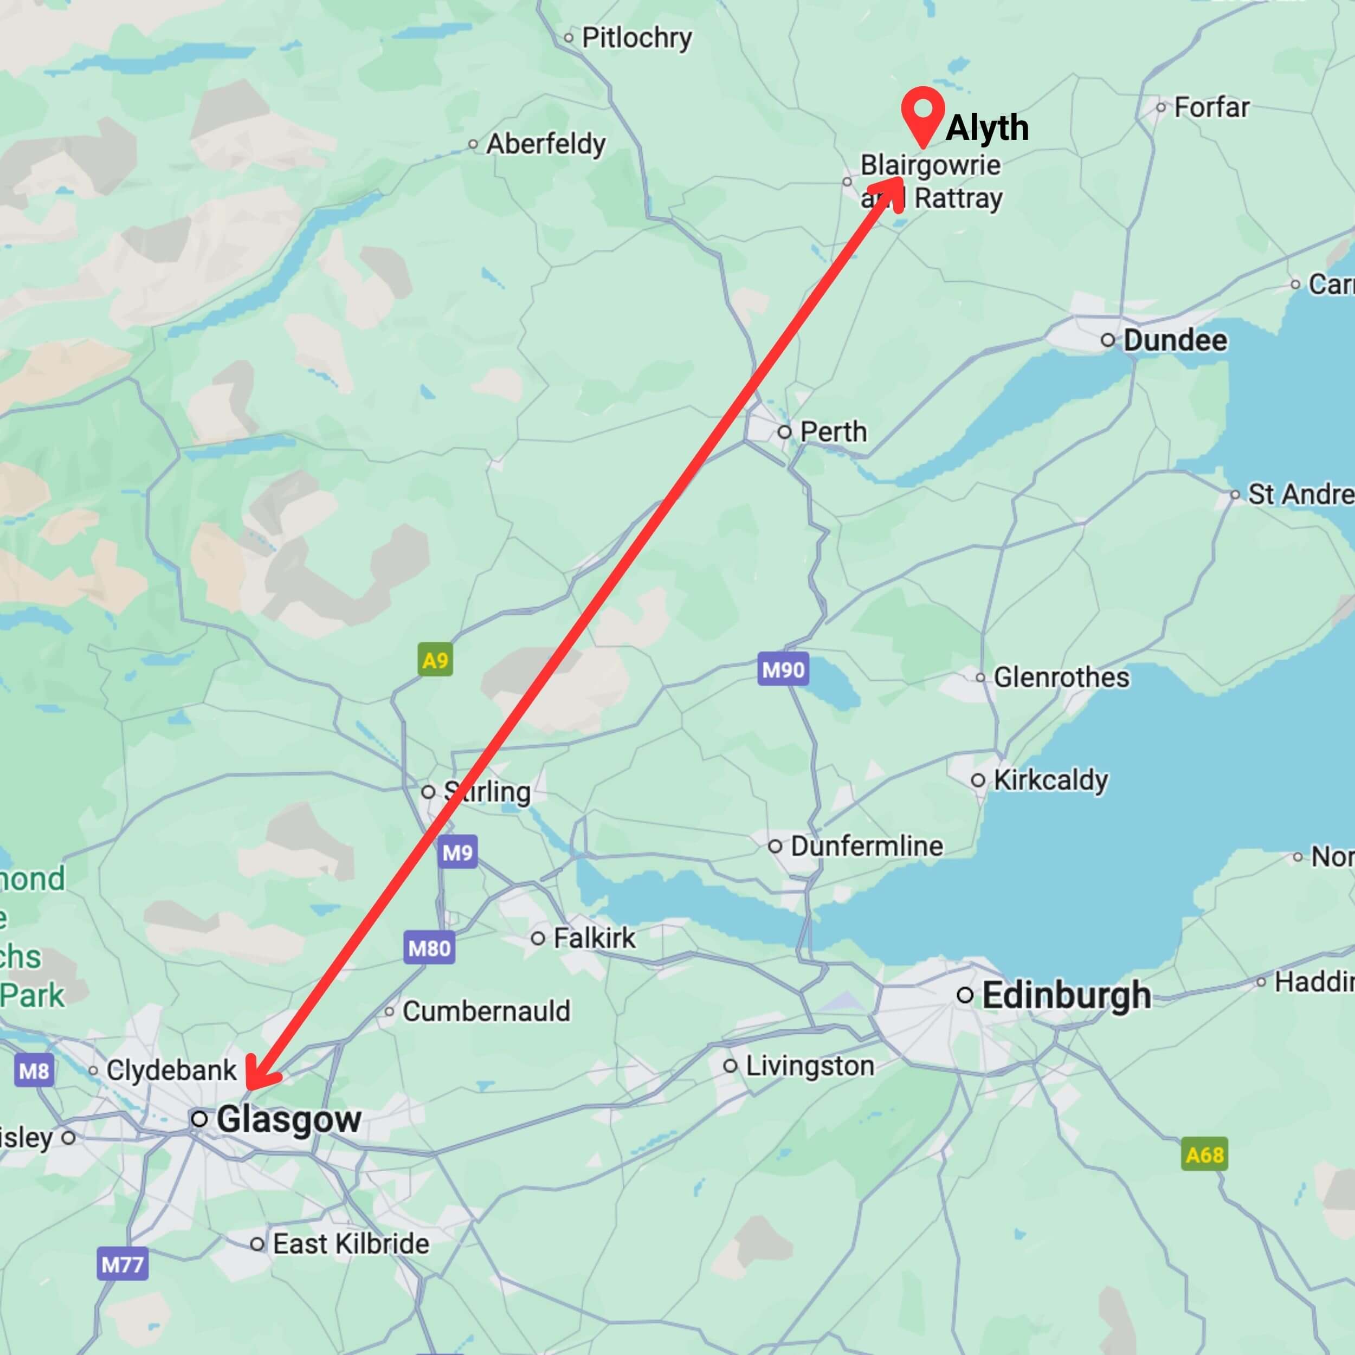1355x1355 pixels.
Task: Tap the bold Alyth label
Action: (987, 128)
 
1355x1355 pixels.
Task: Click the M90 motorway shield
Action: (783, 670)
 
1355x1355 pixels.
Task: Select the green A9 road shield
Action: (435, 660)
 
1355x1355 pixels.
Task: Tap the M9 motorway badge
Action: (457, 852)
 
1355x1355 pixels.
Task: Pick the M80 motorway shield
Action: (429, 948)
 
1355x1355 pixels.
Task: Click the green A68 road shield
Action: (1204, 1154)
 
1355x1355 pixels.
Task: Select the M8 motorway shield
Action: (34, 1071)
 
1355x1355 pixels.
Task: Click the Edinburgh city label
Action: (1066, 995)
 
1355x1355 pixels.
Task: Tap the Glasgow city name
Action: (288, 1119)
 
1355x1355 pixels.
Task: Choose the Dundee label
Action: (1176, 341)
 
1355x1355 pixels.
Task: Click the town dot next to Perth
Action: (785, 432)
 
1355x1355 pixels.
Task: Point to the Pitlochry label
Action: (637, 38)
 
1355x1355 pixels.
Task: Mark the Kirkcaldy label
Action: (1050, 780)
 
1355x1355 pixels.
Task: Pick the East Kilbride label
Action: (351, 1243)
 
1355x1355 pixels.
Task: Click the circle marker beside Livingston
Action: (730, 1066)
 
